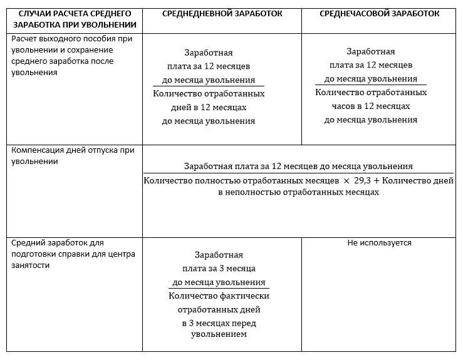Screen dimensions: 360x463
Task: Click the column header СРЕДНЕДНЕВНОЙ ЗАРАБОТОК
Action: click(222, 13)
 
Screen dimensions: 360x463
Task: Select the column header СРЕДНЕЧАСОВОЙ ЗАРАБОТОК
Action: click(380, 13)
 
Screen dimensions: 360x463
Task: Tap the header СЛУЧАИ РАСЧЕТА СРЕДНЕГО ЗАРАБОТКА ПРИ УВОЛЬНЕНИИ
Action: click(74, 19)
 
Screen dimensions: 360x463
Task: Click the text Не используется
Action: click(380, 243)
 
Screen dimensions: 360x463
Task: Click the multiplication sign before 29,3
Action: click(345, 181)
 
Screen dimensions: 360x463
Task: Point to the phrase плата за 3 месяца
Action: click(217, 269)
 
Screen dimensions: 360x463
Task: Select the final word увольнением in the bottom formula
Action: click(218, 334)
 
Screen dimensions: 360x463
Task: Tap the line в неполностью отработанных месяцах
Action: click(298, 193)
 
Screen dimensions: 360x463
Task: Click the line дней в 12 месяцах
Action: click(209, 108)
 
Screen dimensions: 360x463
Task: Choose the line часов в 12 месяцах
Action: click(370, 106)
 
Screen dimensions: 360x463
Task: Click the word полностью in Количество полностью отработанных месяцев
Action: click(213, 181)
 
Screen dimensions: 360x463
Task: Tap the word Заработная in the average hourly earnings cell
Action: click(370, 52)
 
